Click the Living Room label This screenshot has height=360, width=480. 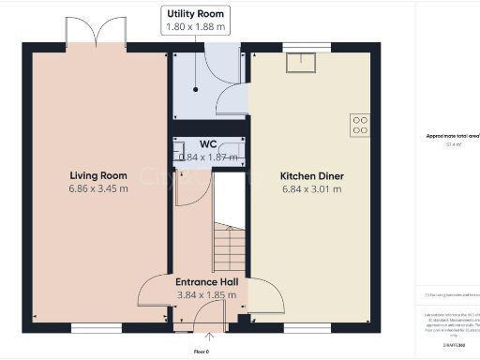[98, 175]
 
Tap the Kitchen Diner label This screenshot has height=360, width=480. [311, 175]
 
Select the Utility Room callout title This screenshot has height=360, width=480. [196, 14]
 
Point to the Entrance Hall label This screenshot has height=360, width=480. [206, 281]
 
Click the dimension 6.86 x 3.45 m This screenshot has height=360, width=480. [98, 188]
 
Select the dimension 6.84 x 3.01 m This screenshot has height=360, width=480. [311, 188]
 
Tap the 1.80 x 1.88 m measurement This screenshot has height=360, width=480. [196, 27]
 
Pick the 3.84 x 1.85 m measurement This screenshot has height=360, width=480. [206, 294]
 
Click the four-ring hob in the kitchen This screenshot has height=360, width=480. [359, 125]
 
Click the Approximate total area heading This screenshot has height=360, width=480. [452, 135]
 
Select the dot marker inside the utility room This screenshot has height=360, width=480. [196, 90]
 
